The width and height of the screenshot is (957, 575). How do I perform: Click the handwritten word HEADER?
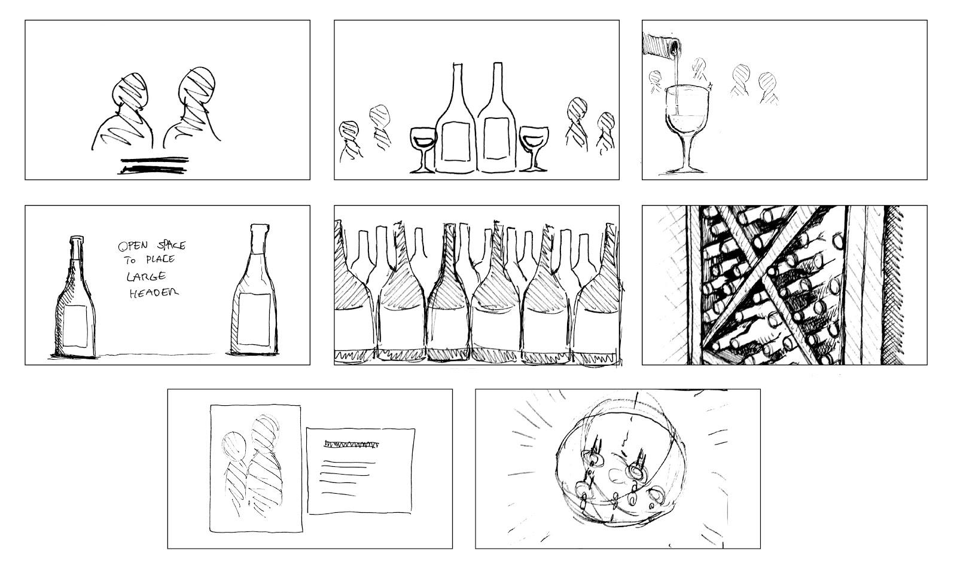point(154,293)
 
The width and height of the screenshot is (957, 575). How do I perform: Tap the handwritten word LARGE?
point(146,276)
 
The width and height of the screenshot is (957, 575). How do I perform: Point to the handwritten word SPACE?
point(171,245)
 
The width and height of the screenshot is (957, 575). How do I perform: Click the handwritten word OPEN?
point(133,246)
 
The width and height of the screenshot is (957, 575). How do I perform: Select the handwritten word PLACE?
point(160,259)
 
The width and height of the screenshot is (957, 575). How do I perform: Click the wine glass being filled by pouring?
point(687,128)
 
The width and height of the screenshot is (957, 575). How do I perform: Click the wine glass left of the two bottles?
point(423,149)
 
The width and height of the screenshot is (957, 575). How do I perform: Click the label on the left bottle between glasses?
point(456,141)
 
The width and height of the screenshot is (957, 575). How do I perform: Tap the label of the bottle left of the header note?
point(75,326)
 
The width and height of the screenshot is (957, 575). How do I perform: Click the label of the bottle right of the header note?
point(254,319)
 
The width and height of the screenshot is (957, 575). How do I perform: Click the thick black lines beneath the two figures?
point(154,165)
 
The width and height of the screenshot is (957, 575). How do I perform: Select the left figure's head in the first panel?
point(130,90)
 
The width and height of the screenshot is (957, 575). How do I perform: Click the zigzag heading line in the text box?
point(352,444)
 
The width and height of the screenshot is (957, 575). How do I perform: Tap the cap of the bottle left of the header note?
point(77,240)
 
